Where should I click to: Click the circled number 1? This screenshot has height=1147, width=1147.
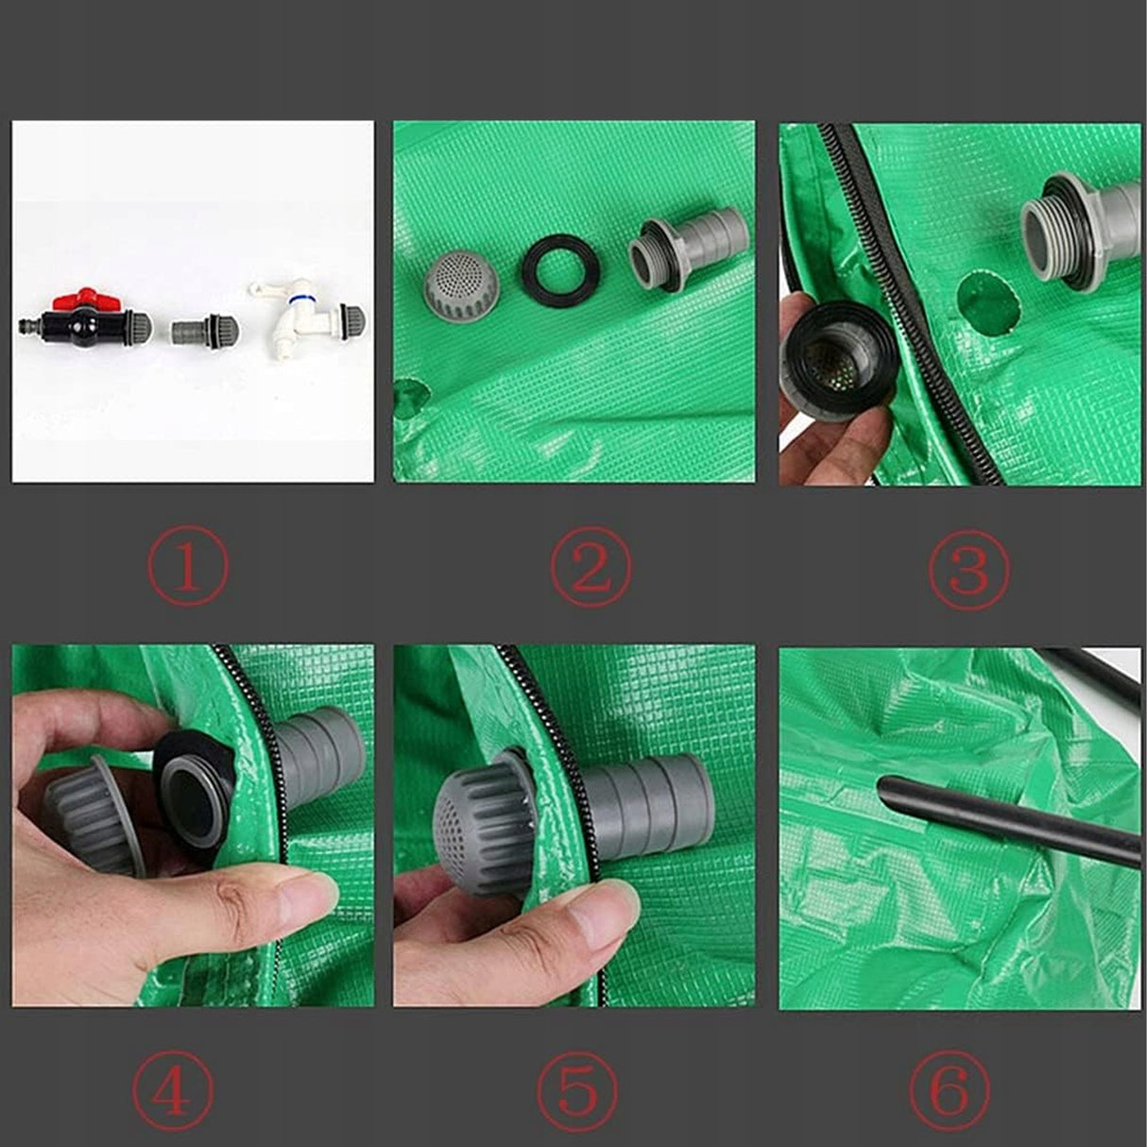pyautogui.click(x=187, y=567)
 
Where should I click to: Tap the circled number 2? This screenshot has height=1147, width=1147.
pyautogui.click(x=591, y=567)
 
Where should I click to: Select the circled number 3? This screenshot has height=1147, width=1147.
pyautogui.click(x=969, y=569)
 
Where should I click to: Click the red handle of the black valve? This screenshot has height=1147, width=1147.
pyautogui.click(x=75, y=298)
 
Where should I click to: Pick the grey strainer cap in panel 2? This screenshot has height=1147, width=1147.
pyautogui.click(x=463, y=282)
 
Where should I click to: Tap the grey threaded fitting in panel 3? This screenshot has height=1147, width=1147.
pyautogui.click(x=1084, y=234)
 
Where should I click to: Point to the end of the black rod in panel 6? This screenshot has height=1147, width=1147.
pyautogui.click(x=882, y=789)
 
